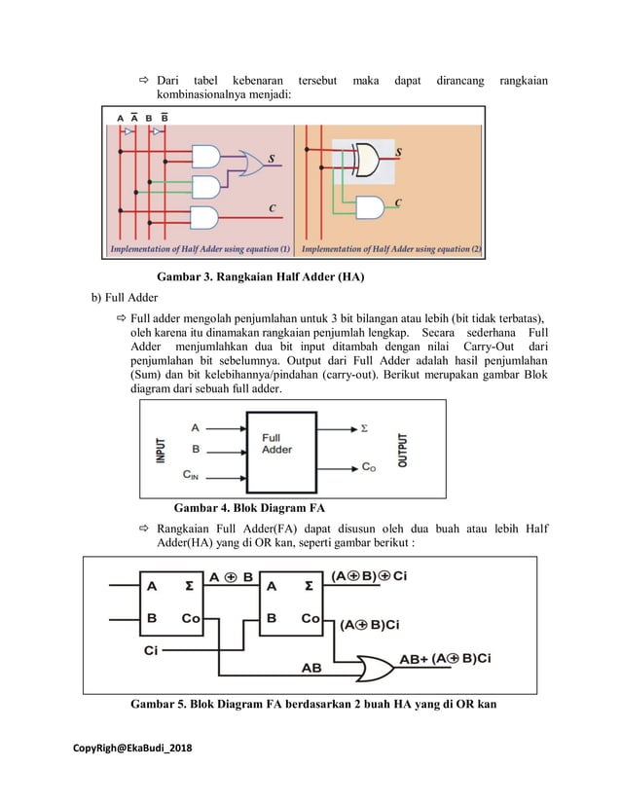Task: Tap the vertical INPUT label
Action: tap(161, 451)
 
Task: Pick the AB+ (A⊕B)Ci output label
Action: tap(446, 658)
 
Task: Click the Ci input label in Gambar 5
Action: tap(152, 649)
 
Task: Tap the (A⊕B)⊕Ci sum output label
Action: tap(369, 575)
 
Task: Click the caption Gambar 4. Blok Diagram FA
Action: tap(248, 508)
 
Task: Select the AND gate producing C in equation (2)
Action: tap(371, 207)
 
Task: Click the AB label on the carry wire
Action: tap(311, 669)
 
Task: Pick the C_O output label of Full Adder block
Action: tap(368, 467)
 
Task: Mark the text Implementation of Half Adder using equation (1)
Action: tap(200, 249)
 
